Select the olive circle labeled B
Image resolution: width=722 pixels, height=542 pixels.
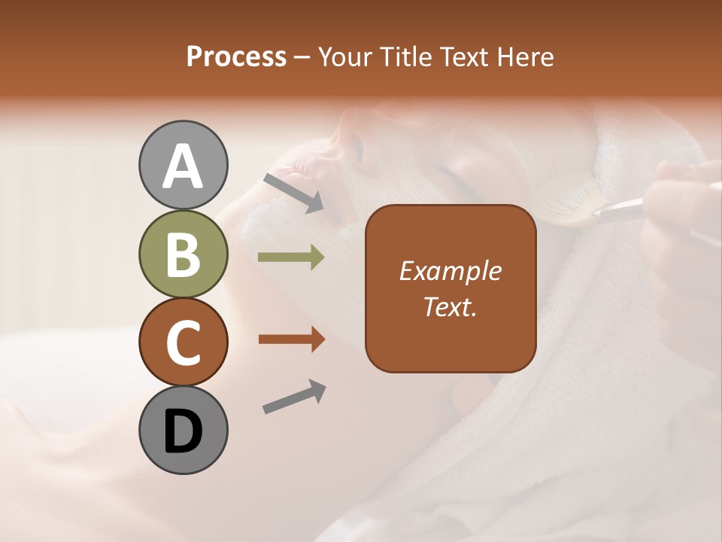(x=183, y=254)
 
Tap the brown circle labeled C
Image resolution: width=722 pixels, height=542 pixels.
(x=183, y=343)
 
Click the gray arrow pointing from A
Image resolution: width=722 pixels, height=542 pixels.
(x=293, y=192)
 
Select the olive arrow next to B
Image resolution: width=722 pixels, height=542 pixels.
(x=291, y=257)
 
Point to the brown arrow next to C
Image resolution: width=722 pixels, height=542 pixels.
(x=291, y=340)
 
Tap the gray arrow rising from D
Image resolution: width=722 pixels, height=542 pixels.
(x=294, y=397)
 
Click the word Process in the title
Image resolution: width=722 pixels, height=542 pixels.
(x=236, y=56)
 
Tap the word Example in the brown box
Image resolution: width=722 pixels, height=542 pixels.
(x=450, y=271)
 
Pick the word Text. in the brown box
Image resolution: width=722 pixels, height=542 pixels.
(x=450, y=306)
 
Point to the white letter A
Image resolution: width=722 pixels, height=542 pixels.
(x=183, y=166)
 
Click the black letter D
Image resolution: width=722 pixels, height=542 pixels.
(x=183, y=431)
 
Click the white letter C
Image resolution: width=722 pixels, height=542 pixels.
(x=183, y=343)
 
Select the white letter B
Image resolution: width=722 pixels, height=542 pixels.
(x=183, y=254)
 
